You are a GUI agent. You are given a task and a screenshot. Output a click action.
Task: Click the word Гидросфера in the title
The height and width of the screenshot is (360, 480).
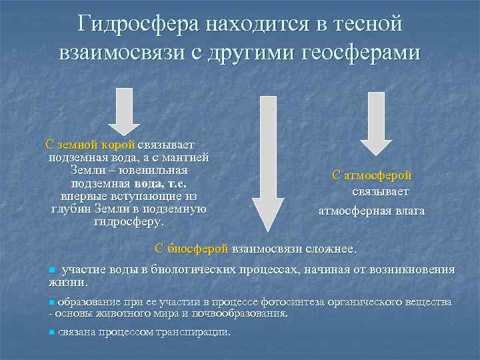128,24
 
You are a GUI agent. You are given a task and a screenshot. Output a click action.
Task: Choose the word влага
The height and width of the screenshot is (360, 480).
407,211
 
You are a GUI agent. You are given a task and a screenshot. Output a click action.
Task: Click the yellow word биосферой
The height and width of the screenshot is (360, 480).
197,248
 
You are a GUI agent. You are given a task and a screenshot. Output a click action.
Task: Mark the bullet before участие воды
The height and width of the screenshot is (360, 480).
53,271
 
